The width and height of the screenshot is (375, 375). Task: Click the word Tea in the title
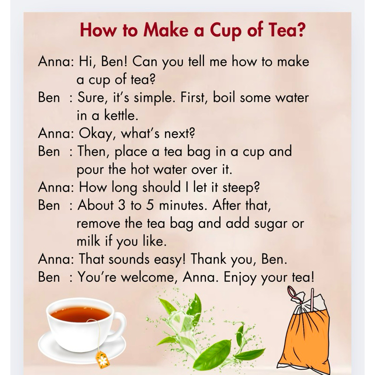[x=282, y=30]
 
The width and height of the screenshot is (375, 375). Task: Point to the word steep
[x=241, y=188]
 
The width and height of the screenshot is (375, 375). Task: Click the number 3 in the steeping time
[x=122, y=205]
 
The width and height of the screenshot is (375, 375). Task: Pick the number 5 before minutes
[x=150, y=205]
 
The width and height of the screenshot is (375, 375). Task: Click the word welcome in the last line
[x=149, y=277]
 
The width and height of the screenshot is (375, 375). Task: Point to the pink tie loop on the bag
[x=292, y=292]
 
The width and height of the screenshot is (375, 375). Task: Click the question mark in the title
[x=301, y=30]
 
